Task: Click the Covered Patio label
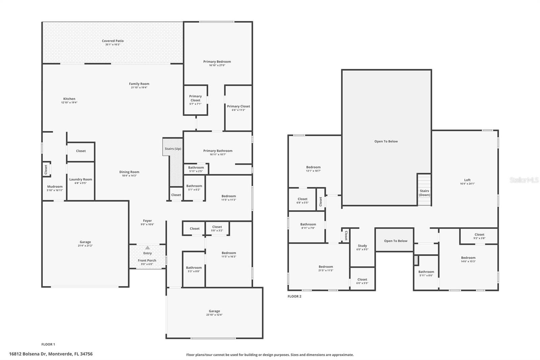coord(113,41)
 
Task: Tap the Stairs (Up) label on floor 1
coord(173,149)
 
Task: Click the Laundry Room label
coord(81,179)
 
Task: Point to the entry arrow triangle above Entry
coord(147,248)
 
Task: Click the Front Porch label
coord(147,260)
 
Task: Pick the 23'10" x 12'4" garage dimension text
coord(214,315)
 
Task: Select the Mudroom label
coord(55,186)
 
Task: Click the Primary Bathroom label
coord(218,151)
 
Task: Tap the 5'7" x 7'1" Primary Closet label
coord(195,98)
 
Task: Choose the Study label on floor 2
coord(362,246)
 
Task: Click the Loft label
coord(467,180)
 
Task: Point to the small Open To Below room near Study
coord(396,241)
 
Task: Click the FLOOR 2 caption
coord(294,296)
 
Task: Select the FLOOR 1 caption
coord(48,344)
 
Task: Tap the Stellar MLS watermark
coord(524,180)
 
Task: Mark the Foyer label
coord(147,221)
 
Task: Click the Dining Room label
coord(129,172)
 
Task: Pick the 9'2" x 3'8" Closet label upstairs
coord(479,234)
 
